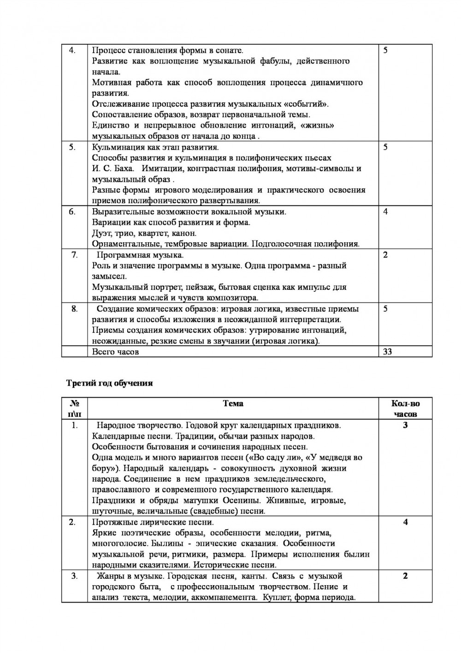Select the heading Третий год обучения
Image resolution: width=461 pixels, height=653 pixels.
(x=109, y=383)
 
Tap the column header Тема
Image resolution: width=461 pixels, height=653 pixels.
(x=233, y=403)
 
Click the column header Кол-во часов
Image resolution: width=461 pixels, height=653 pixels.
(x=405, y=408)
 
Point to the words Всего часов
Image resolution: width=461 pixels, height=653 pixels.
(x=115, y=352)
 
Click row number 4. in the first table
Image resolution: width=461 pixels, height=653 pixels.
(x=72, y=50)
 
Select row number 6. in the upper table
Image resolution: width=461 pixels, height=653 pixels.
(x=72, y=212)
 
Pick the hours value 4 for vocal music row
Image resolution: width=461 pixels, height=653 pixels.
(x=385, y=212)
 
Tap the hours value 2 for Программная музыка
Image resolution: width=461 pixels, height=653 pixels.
(x=385, y=255)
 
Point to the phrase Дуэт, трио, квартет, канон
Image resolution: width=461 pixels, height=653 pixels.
(x=144, y=233)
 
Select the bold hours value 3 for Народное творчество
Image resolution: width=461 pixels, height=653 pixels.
(x=405, y=425)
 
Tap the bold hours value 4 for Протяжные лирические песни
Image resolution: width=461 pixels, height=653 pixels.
(x=405, y=522)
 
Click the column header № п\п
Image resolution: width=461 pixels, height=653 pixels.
(x=74, y=408)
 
